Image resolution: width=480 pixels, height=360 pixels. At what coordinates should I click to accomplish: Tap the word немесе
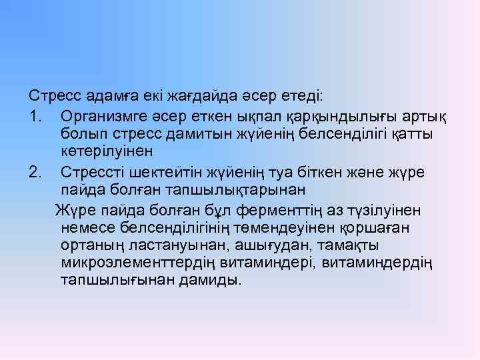click(x=87, y=229)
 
